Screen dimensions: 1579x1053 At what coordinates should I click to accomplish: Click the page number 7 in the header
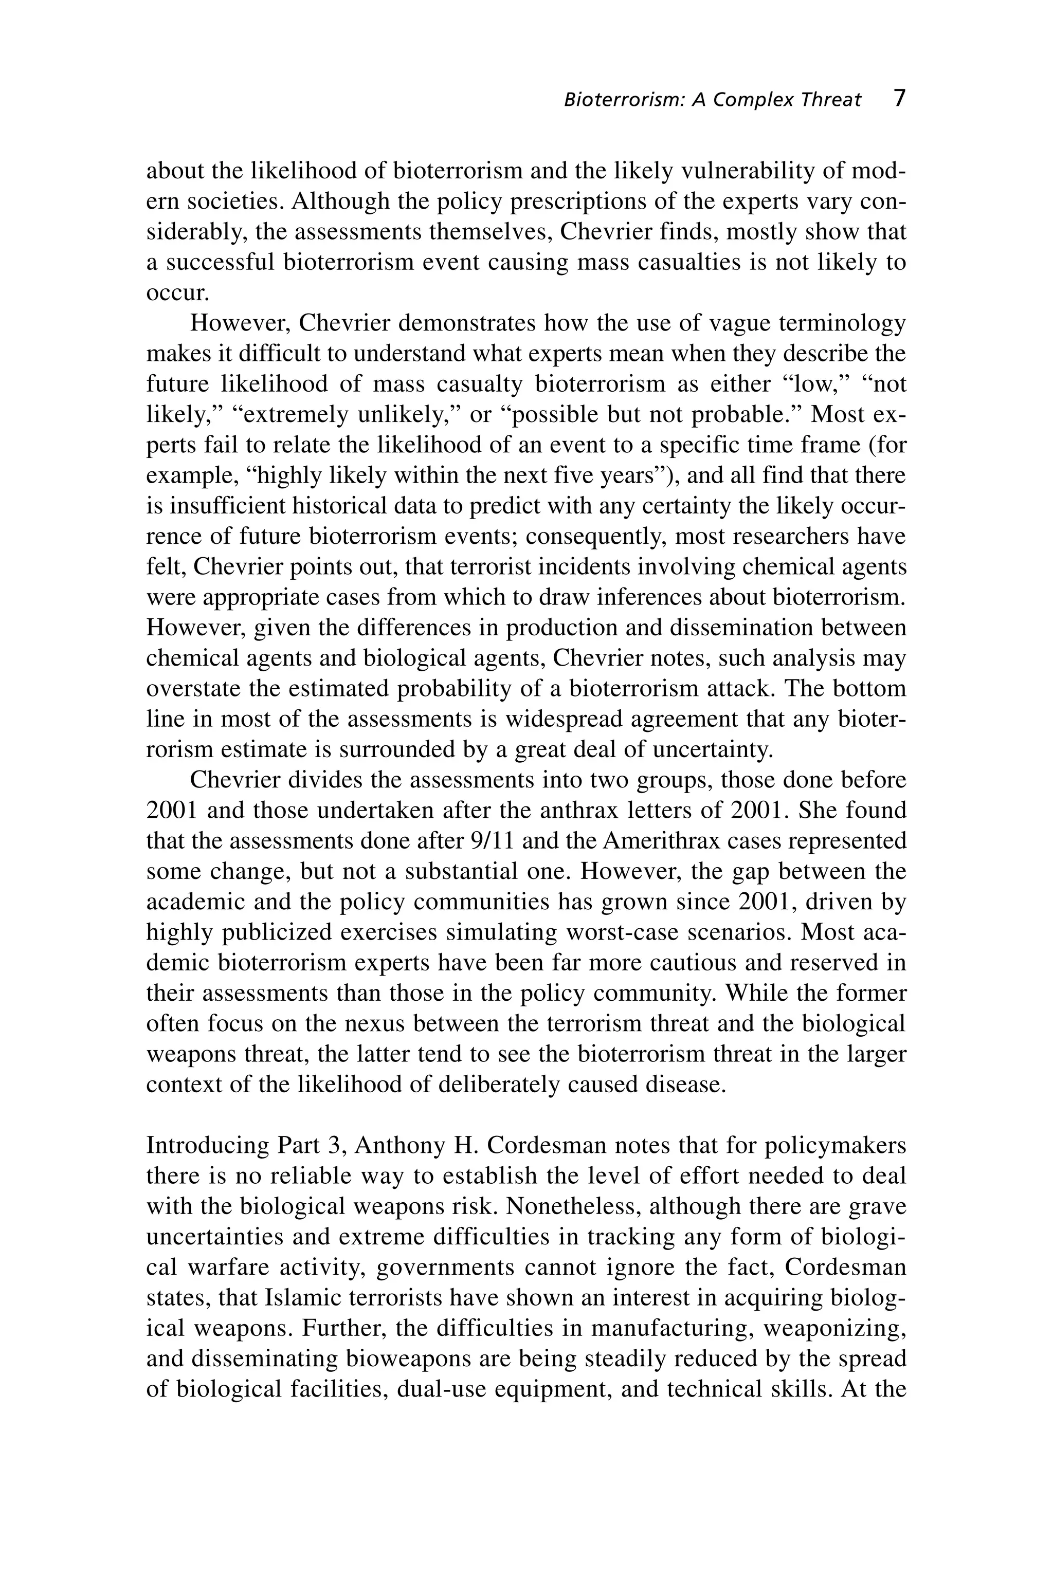(899, 99)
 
